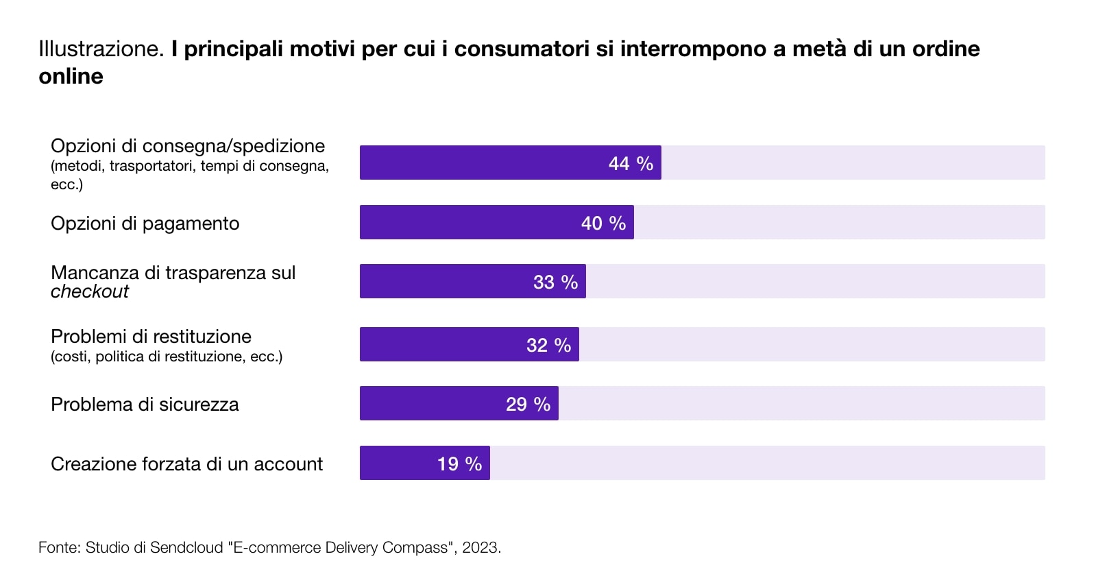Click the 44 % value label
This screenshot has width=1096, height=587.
(x=631, y=163)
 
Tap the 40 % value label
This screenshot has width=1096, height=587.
(x=603, y=223)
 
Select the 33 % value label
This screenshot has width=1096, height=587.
(x=555, y=282)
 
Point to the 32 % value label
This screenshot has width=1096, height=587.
(x=548, y=345)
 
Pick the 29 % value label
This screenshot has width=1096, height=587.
(x=528, y=404)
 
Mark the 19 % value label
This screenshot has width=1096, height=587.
(x=459, y=464)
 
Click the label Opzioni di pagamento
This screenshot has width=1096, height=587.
(x=145, y=224)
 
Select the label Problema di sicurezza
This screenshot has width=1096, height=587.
(x=145, y=405)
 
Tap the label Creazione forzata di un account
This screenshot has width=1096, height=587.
(x=186, y=464)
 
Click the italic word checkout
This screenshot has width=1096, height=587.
(x=89, y=291)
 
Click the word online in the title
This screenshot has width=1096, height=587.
(x=71, y=76)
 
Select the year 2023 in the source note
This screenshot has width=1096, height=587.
(x=480, y=547)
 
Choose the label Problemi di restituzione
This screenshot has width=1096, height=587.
(x=151, y=337)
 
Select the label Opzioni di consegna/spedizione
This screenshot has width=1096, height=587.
(x=188, y=146)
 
